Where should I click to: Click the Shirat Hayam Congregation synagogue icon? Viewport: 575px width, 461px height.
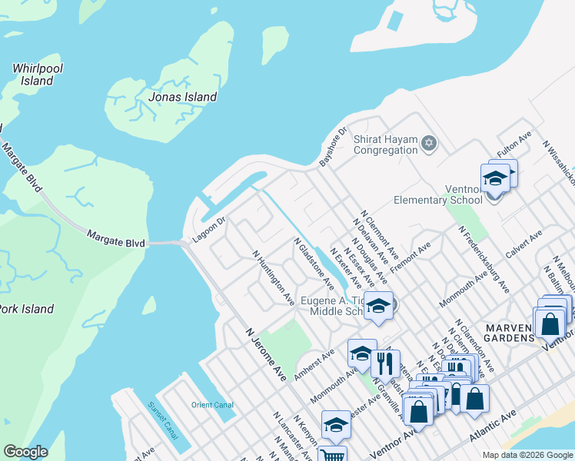click(x=429, y=143)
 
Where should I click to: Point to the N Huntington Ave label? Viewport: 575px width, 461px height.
click(x=274, y=277)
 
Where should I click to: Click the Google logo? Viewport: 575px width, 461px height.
click(x=25, y=453)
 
